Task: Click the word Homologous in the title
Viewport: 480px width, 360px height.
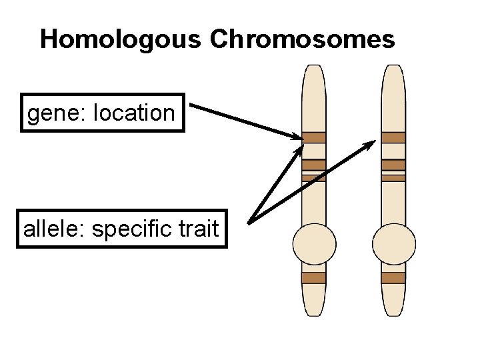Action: click(120, 40)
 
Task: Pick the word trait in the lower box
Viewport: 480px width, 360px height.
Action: click(199, 229)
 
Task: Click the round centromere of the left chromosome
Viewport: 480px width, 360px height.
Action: click(314, 244)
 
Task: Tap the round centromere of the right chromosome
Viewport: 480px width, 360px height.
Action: click(393, 244)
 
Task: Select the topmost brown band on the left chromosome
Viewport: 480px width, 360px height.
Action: click(314, 137)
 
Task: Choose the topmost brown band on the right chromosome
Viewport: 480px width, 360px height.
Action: click(393, 137)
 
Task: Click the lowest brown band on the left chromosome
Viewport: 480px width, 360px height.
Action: click(314, 278)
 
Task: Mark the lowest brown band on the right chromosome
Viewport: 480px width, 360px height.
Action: click(393, 278)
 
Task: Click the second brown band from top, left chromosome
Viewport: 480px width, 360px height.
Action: click(314, 165)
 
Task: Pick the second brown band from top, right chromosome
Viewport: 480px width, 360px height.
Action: click(393, 165)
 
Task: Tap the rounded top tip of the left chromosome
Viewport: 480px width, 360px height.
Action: click(314, 69)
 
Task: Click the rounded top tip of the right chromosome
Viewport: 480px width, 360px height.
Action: click(393, 69)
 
